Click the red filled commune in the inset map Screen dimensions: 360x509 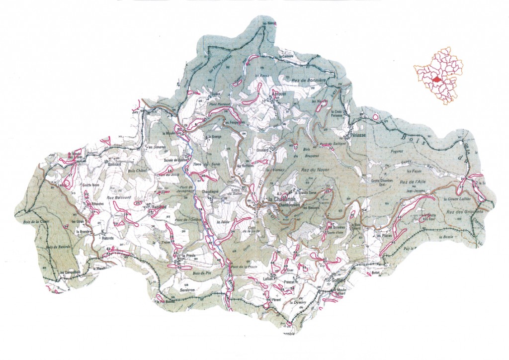pyautogui.click(x=436, y=79)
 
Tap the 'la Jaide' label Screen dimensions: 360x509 pyautogui.click(x=222, y=222)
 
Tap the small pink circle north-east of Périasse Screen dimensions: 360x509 pyautogui.click(x=375, y=118)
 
